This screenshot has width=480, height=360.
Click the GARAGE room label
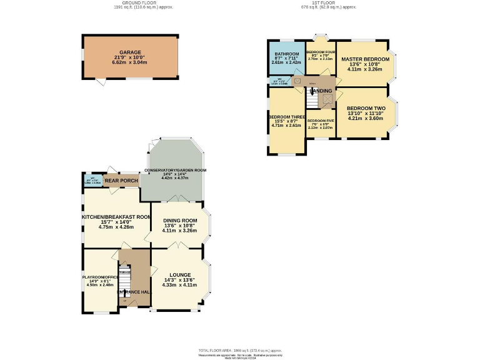(131, 52)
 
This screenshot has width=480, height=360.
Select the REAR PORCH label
(121, 181)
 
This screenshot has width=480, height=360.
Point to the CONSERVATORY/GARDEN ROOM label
(176, 170)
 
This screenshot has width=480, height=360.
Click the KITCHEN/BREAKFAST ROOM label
(116, 217)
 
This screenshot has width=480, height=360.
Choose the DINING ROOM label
(180, 221)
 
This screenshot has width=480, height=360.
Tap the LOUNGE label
(180, 275)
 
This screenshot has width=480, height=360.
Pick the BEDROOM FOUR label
(321, 52)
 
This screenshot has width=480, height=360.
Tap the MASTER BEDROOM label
(365, 59)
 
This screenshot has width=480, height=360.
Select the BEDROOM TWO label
(366, 108)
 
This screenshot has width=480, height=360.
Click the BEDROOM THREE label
(287, 117)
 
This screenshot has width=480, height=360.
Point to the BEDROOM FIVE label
(321, 120)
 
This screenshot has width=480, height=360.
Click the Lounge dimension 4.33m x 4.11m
(180, 285)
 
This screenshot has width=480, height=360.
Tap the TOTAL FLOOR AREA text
(240, 351)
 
